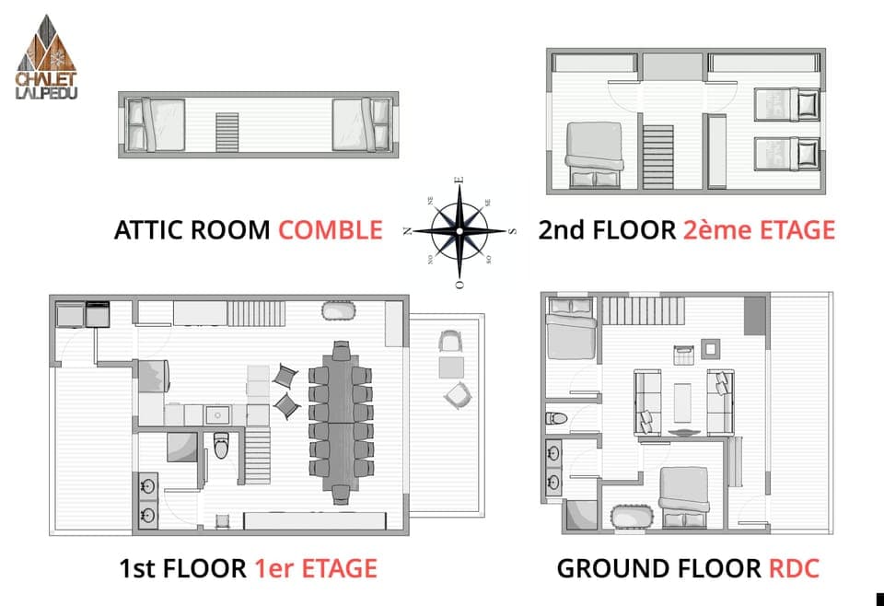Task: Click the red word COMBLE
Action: [330, 229]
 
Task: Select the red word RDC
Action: [793, 568]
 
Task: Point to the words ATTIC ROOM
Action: [192, 229]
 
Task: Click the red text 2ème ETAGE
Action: [759, 229]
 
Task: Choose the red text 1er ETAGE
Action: [315, 568]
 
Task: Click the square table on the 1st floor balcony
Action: [450, 367]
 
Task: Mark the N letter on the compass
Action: [406, 231]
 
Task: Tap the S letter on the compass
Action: [513, 231]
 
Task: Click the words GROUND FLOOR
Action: [657, 568]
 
